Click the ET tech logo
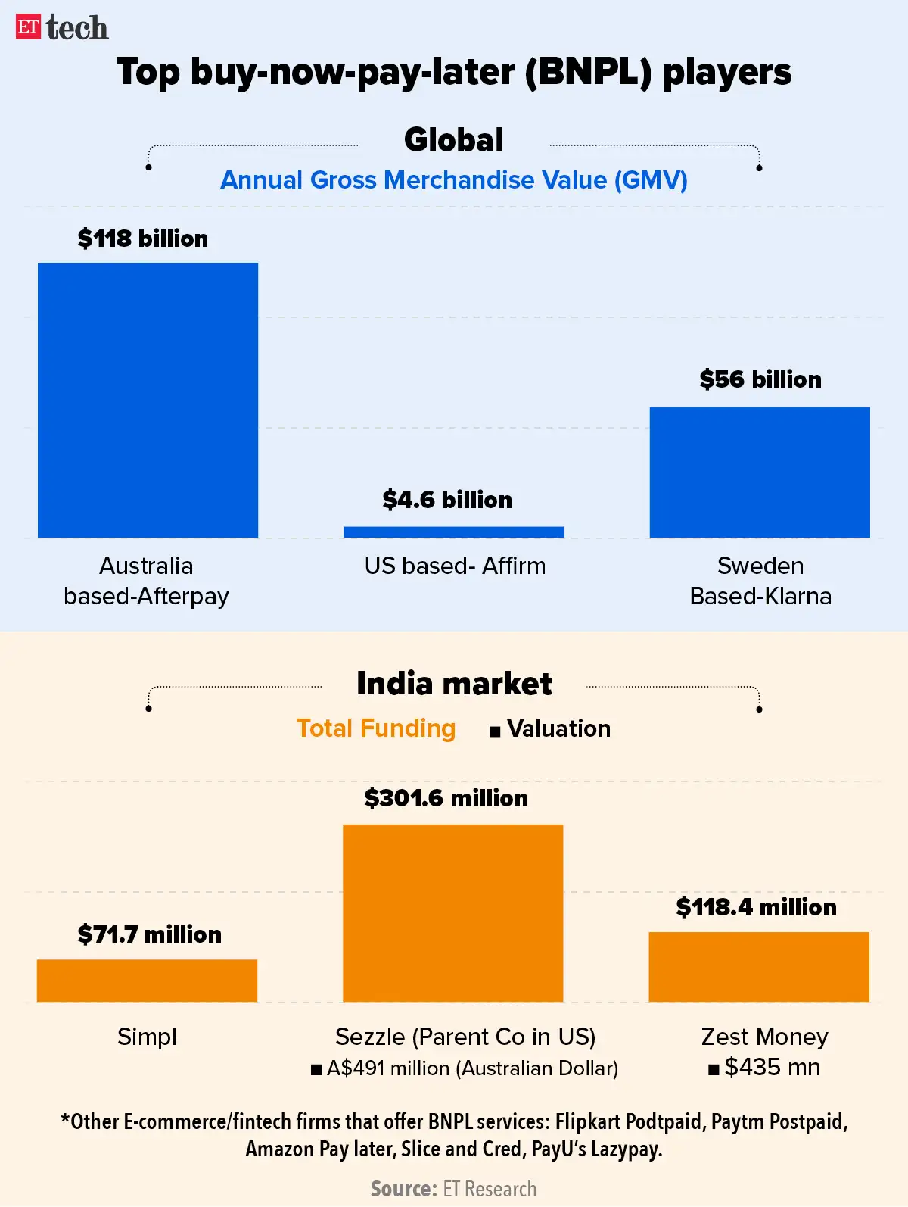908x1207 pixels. pos(62,28)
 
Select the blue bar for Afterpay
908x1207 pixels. pos(148,400)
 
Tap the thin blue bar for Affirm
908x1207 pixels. pos(454,532)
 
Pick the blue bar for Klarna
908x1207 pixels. pos(760,473)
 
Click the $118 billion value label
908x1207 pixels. pos(142,239)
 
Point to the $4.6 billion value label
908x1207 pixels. pos(447,500)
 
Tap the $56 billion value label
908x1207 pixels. pos(760,379)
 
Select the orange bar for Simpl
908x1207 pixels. pos(147,981)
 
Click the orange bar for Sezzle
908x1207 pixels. pos(452,913)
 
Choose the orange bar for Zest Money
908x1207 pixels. pos(759,967)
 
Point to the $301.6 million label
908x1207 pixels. pos(446,798)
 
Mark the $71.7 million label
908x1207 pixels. pos(149,934)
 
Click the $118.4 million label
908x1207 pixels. pos(757,907)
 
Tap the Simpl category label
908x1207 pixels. pos(147,1037)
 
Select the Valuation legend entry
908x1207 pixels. pos(550,728)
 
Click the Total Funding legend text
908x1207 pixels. pos(376,728)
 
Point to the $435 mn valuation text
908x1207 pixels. pos(764,1068)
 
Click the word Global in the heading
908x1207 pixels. pos(454,140)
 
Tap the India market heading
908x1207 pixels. pos(454,684)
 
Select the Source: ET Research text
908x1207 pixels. pos(454,1189)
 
